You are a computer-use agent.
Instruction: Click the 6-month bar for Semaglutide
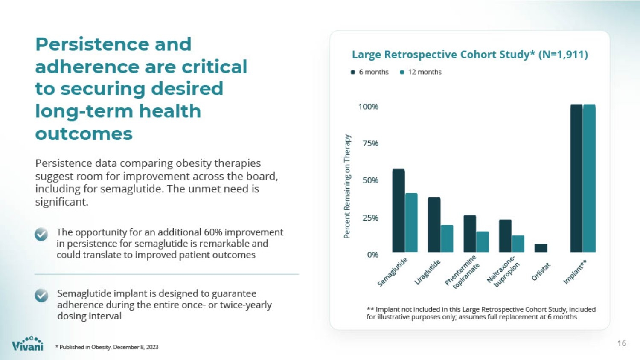click(x=399, y=211)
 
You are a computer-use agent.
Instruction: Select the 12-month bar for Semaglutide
click(x=411, y=223)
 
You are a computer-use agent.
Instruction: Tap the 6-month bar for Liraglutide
click(x=434, y=225)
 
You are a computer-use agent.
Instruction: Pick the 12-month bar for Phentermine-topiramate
click(x=482, y=242)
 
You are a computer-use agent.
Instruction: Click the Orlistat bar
click(x=541, y=248)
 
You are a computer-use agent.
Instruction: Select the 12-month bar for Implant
click(x=589, y=178)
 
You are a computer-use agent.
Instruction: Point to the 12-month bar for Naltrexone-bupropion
click(x=518, y=244)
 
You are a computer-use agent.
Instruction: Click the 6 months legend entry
click(x=370, y=72)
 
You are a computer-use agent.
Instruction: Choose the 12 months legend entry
click(x=421, y=72)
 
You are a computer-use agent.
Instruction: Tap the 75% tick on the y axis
click(x=371, y=143)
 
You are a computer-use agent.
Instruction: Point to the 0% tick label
click(x=372, y=255)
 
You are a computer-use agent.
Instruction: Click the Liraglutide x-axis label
click(x=428, y=272)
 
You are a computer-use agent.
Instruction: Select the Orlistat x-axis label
click(x=541, y=271)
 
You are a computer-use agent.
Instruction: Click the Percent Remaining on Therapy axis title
click(x=347, y=186)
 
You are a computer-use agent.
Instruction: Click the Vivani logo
click(x=28, y=343)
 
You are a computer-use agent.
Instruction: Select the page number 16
click(x=622, y=343)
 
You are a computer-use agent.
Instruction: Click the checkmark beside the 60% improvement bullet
click(x=41, y=234)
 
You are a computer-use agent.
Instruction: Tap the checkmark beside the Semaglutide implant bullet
click(x=41, y=295)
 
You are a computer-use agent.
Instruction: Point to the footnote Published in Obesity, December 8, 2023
click(x=107, y=347)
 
